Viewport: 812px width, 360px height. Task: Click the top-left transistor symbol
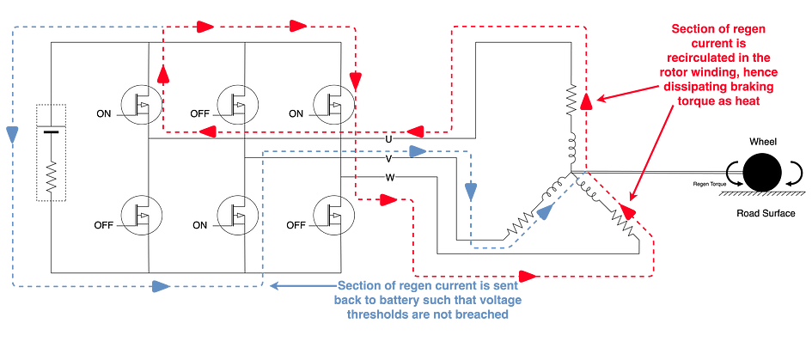pyautogui.click(x=141, y=104)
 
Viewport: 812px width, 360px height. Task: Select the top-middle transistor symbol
pyautogui.click(x=237, y=104)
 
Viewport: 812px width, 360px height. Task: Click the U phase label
pyautogui.click(x=389, y=138)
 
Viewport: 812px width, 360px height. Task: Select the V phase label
pyautogui.click(x=389, y=158)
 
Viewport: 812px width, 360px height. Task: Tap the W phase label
pyautogui.click(x=389, y=178)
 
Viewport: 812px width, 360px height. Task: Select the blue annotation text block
pyautogui.click(x=427, y=298)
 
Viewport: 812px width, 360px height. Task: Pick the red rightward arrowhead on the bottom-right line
pyautogui.click(x=530, y=277)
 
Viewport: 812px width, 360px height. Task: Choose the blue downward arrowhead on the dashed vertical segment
pyautogui.click(x=470, y=188)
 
